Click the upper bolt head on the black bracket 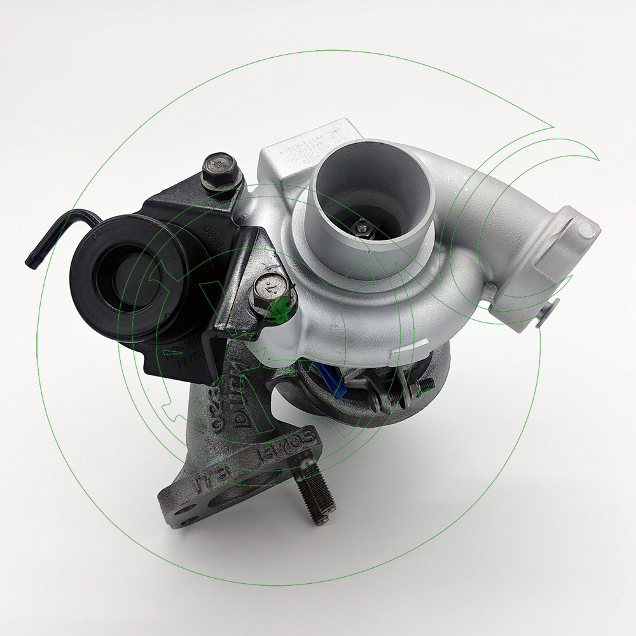219,169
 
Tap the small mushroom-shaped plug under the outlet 546,313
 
